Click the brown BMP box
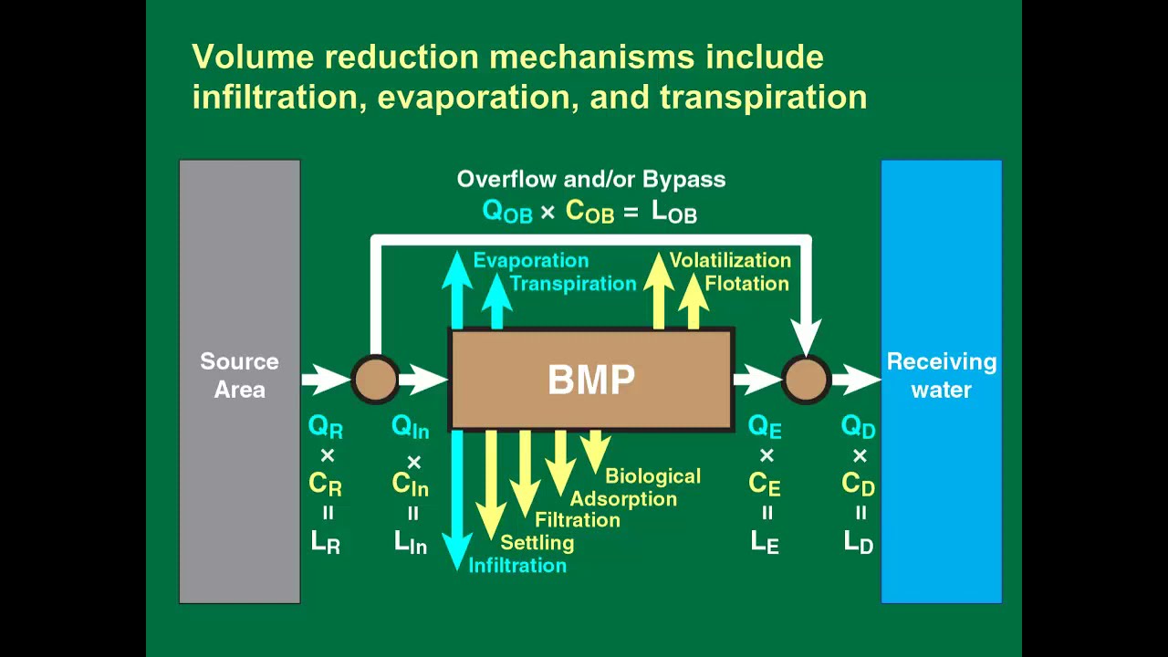591,380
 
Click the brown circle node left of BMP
375,379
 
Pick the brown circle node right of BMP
806,379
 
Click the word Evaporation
530,261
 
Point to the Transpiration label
572,284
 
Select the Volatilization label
729,261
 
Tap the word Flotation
746,284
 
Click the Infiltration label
517,566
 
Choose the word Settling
537,543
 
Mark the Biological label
652,476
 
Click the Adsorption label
623,499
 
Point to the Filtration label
577,520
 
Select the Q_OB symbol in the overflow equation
506,212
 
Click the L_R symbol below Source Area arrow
326,542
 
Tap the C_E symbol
765,485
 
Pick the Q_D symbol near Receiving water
858,427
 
